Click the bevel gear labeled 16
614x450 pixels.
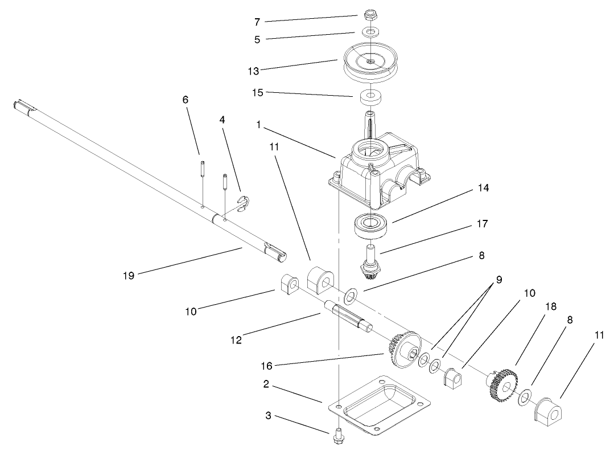click(405, 352)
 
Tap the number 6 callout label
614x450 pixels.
click(186, 100)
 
